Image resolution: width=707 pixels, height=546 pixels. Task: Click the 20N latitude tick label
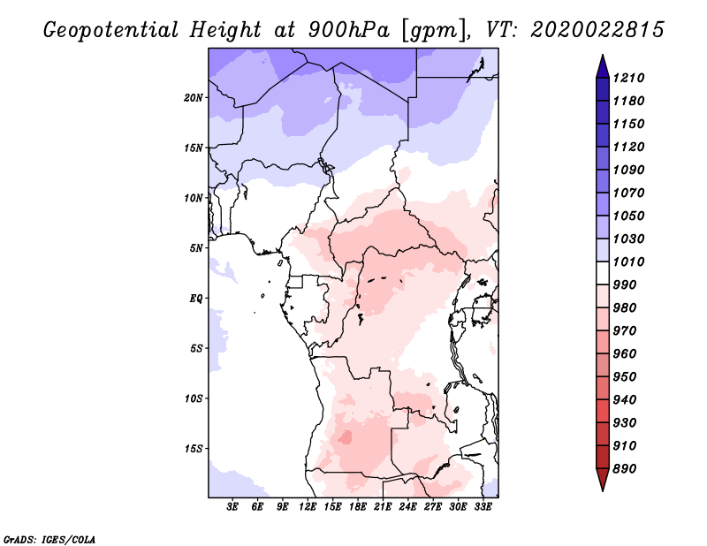pyautogui.click(x=194, y=97)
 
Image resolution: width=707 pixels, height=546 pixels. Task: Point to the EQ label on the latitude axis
pyautogui.click(x=196, y=298)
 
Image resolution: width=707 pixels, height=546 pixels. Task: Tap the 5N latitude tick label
pyautogui.click(x=196, y=248)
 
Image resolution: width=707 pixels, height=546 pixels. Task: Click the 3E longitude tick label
pyautogui.click(x=232, y=506)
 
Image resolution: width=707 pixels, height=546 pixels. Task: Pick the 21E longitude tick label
pyautogui.click(x=383, y=506)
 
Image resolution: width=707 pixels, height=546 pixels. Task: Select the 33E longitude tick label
pyautogui.click(x=483, y=506)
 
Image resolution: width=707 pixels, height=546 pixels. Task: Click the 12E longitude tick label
pyautogui.click(x=307, y=506)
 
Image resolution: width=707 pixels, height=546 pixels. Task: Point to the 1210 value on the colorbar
pyautogui.click(x=628, y=78)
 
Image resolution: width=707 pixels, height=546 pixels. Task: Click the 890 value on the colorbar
pyautogui.click(x=625, y=469)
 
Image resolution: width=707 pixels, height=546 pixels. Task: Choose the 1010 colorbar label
pyautogui.click(x=628, y=262)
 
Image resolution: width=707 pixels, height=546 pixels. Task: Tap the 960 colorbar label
pyautogui.click(x=625, y=353)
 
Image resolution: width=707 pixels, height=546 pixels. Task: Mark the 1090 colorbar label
pyautogui.click(x=628, y=170)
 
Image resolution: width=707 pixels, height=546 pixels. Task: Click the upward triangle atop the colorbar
pyautogui.click(x=603, y=67)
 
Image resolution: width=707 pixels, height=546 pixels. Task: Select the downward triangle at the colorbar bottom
pyautogui.click(x=603, y=480)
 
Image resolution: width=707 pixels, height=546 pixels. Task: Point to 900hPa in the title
pyautogui.click(x=348, y=30)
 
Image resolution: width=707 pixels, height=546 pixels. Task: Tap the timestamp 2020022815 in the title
pyautogui.click(x=597, y=29)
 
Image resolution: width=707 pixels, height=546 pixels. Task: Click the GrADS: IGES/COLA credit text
pyautogui.click(x=49, y=539)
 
